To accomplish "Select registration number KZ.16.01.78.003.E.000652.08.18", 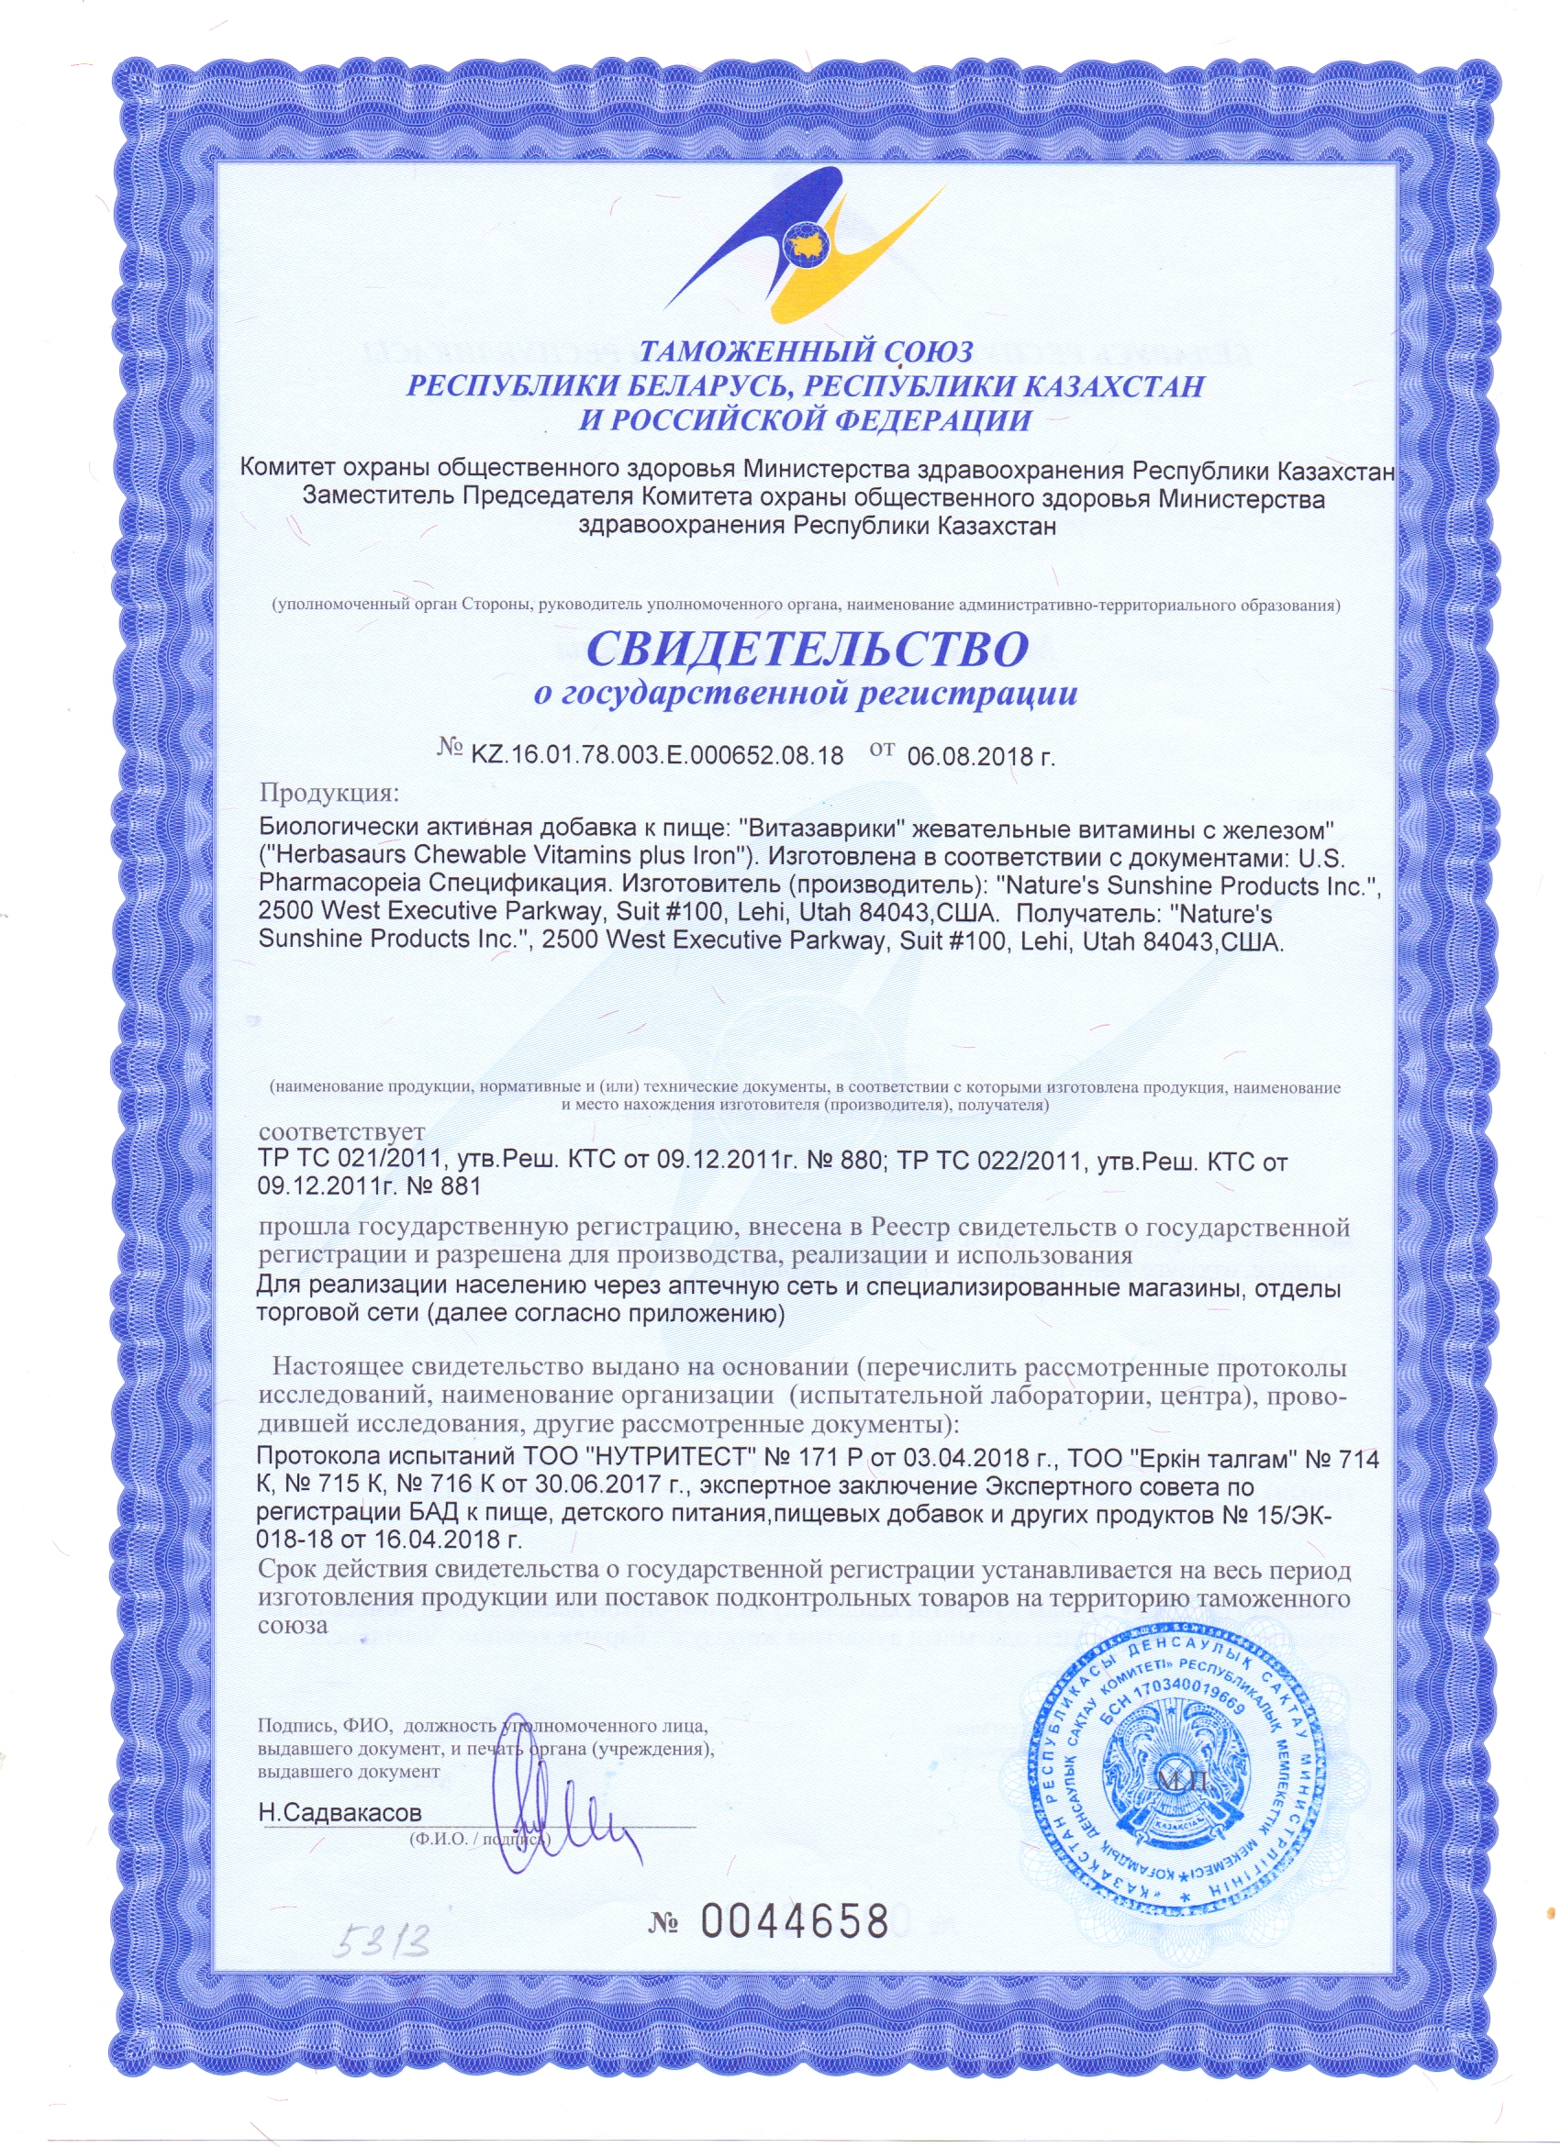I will click(x=656, y=755).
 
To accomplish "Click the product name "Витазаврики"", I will click(x=822, y=828).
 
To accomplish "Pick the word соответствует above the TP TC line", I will click(x=341, y=1131).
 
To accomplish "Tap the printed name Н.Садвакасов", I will click(x=340, y=1812).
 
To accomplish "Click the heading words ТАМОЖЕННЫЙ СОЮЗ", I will click(x=807, y=352).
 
